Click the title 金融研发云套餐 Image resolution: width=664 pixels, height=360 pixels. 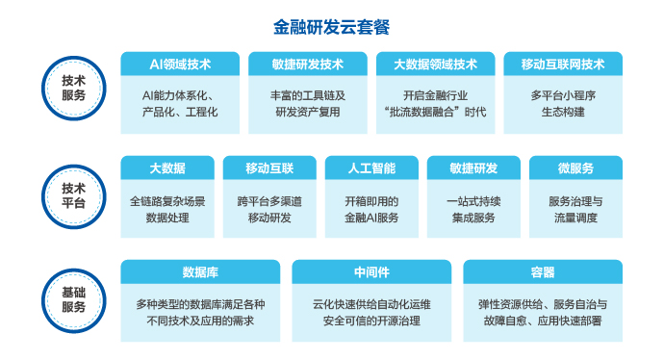(332, 26)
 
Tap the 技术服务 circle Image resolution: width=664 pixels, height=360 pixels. (73, 89)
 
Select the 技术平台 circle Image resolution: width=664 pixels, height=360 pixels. (73, 195)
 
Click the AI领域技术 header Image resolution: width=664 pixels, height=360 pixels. (180, 64)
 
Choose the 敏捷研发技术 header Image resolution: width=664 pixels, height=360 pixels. (308, 64)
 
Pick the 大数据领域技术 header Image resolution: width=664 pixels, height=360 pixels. (435, 64)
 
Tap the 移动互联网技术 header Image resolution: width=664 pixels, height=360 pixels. (562, 64)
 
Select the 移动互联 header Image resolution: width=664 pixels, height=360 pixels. (268, 168)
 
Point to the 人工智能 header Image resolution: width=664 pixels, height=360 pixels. (370, 168)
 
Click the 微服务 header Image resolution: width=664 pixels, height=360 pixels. (575, 168)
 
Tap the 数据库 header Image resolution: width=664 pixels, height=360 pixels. (200, 271)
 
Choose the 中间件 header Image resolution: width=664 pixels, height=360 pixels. (370, 271)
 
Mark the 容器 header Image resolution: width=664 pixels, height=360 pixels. (542, 271)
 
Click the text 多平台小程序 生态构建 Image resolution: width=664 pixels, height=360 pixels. (562, 104)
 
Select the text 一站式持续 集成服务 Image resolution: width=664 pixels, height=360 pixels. (472, 210)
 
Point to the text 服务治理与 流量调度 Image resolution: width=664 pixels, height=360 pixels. (575, 210)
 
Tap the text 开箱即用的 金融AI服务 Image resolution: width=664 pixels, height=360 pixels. (370, 210)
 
